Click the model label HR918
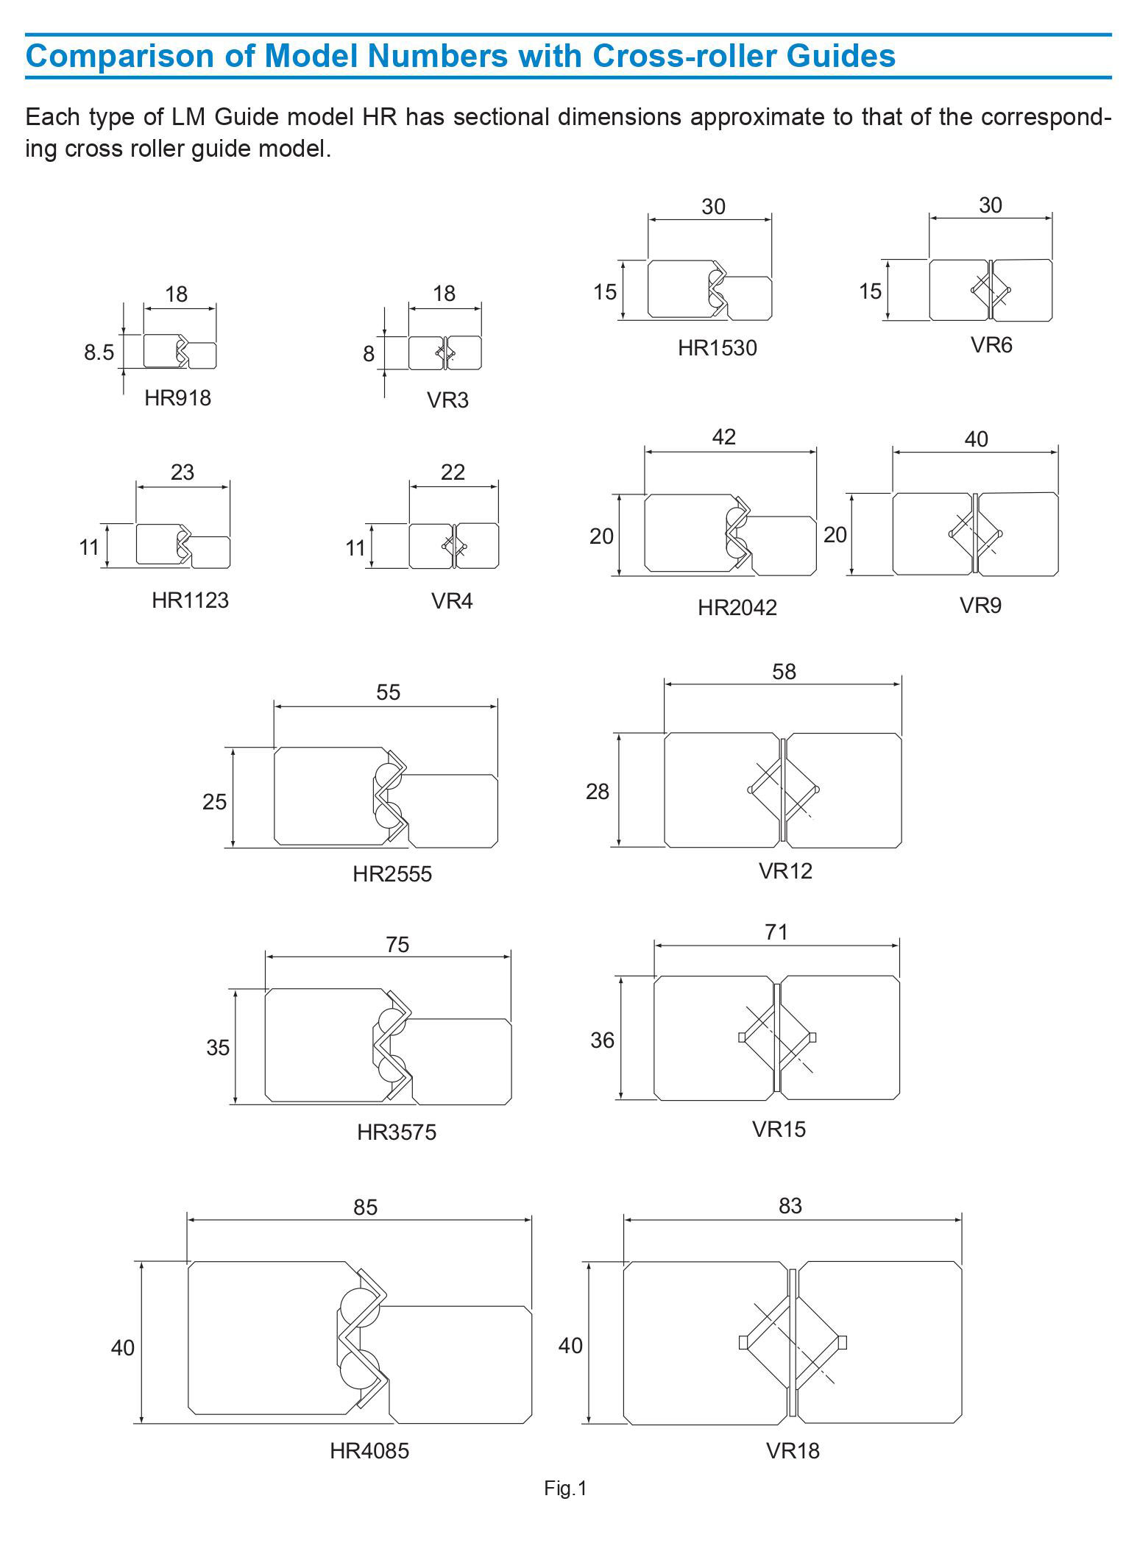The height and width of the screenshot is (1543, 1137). pos(177,398)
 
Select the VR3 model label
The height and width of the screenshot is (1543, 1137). pos(447,400)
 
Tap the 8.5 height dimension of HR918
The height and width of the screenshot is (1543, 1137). pos(99,352)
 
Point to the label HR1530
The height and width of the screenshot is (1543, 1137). pos(717,347)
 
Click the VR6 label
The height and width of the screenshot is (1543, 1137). pos(991,344)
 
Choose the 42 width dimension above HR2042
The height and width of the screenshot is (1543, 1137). pos(723,437)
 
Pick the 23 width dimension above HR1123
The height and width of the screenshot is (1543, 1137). pos(182,472)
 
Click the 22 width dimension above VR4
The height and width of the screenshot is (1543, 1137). pos(453,472)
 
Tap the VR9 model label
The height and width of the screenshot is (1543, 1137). pos(980,605)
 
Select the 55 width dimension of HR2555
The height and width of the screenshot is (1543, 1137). pos(388,692)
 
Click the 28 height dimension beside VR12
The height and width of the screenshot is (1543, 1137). pos(598,791)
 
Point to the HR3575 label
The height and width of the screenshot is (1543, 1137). pos(397,1132)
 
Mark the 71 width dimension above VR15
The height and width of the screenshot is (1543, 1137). pos(776,932)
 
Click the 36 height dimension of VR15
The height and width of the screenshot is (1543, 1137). pos(602,1040)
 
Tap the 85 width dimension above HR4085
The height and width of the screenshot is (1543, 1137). pos(365,1207)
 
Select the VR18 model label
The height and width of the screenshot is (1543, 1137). pos(793,1450)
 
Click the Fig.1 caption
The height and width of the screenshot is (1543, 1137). pos(565,1489)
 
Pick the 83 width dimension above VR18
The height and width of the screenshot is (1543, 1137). pos(790,1205)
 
